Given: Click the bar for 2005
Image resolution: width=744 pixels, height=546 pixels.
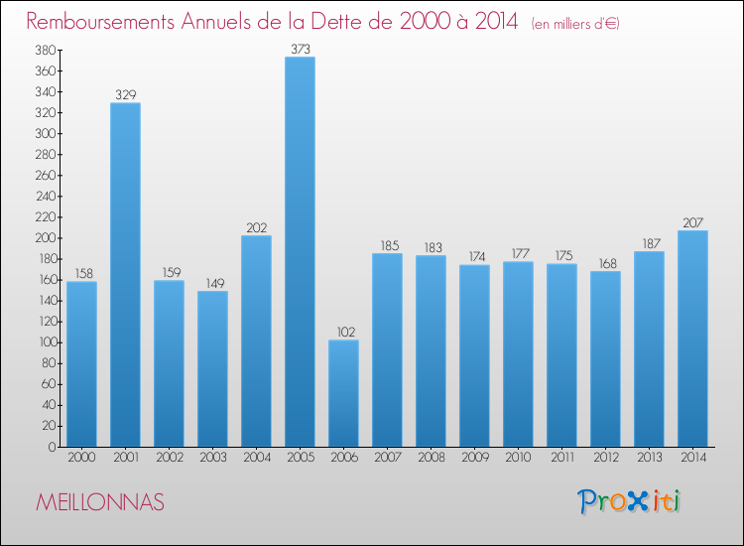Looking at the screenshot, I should [x=300, y=252].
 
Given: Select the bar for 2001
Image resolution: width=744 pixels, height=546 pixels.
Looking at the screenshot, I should [x=125, y=275].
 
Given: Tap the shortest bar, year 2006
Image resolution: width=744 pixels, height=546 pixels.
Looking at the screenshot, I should [x=343, y=393].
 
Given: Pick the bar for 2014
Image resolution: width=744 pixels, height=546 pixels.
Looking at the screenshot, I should [x=692, y=339].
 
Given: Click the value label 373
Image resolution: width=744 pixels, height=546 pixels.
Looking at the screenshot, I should [x=300, y=49].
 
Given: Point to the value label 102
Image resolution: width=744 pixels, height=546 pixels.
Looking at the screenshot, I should [x=343, y=333].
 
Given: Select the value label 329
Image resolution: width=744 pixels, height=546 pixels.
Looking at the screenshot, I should [x=125, y=95].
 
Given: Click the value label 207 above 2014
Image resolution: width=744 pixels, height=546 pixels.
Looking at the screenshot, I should [x=692, y=222].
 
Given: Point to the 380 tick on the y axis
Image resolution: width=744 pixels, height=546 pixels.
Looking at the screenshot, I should [x=44, y=50].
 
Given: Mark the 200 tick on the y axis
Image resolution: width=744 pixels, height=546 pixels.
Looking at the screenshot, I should [x=44, y=238].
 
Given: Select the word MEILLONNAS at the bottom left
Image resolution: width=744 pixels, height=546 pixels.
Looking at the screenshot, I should [x=100, y=502].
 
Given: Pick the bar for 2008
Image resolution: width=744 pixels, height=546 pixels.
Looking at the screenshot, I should [x=431, y=350].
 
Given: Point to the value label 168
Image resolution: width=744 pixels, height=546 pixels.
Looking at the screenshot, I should [x=605, y=263].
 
